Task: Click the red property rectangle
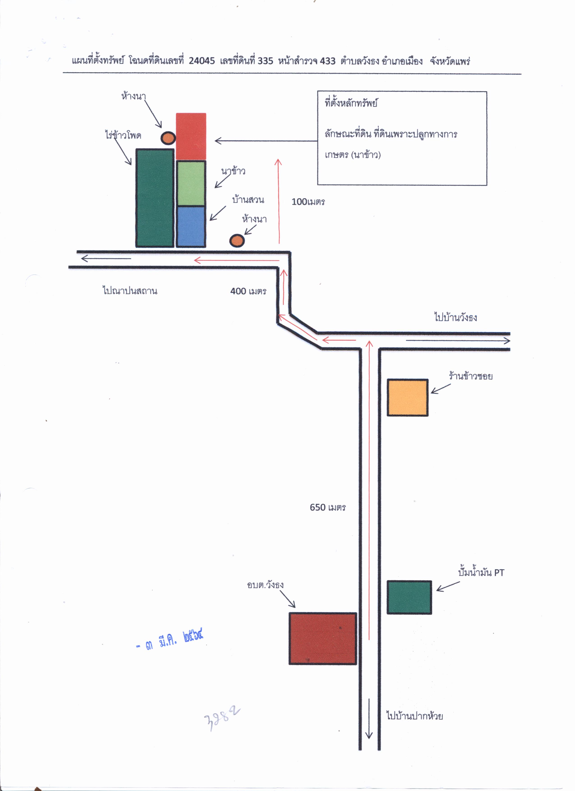(191, 136)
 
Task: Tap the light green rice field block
(191, 183)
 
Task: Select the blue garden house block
(191, 227)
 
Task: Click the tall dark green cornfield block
(155, 198)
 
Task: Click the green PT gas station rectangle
(409, 597)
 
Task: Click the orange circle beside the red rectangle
(168, 138)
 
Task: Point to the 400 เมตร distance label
(248, 291)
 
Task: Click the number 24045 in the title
(202, 61)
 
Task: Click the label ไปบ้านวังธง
(455, 317)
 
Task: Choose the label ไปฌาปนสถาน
(130, 291)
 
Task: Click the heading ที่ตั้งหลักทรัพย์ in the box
(351, 103)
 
